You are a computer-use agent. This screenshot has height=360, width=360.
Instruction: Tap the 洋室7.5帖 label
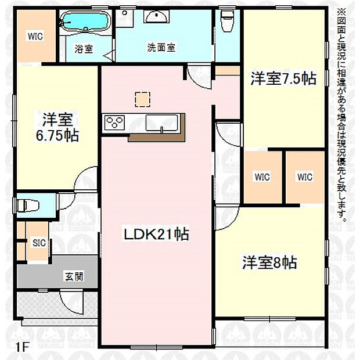pos(283,79)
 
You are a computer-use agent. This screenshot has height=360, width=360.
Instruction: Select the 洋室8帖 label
pos(269,262)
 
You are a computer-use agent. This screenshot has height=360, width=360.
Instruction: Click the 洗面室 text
pos(161,48)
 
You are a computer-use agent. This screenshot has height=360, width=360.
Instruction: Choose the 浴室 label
pos(84,49)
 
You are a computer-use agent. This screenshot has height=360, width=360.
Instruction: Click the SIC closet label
pos(39,243)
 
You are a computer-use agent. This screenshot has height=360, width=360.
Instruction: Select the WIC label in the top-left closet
pos(35,35)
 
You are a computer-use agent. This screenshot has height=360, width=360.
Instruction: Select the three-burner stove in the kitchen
pos(114,123)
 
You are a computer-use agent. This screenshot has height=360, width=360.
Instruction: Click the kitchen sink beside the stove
pos(158,123)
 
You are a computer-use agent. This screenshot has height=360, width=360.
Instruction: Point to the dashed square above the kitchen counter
pos(142,100)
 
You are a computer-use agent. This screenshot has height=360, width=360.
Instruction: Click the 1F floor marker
pos(22,347)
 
